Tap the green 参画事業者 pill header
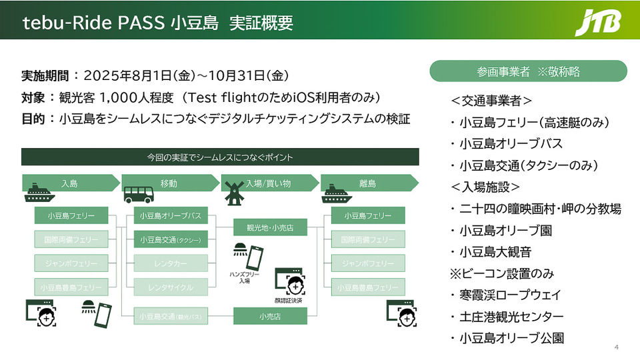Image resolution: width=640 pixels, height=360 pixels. (529, 71)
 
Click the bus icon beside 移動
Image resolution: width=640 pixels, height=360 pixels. (137, 193)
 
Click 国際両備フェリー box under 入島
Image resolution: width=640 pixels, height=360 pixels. (71, 239)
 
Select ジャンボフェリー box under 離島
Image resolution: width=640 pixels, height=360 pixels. (368, 263)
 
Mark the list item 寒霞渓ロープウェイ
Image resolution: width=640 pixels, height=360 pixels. (509, 295)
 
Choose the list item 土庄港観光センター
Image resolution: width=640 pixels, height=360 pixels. (511, 316)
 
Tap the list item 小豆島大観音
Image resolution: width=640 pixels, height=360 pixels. (494, 252)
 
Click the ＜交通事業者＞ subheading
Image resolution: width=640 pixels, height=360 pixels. (491, 101)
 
